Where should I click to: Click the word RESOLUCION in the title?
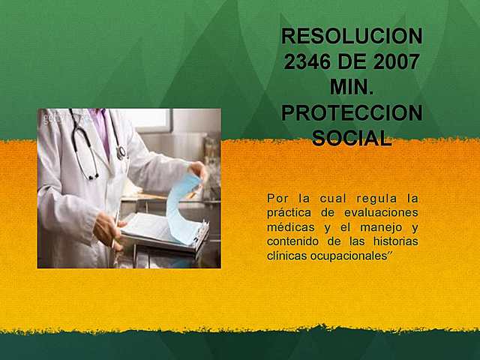(352, 36)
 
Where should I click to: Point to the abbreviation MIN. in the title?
(352, 87)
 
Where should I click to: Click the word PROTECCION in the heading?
(352, 113)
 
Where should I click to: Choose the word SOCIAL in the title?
(352, 139)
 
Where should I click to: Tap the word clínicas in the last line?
(286, 256)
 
